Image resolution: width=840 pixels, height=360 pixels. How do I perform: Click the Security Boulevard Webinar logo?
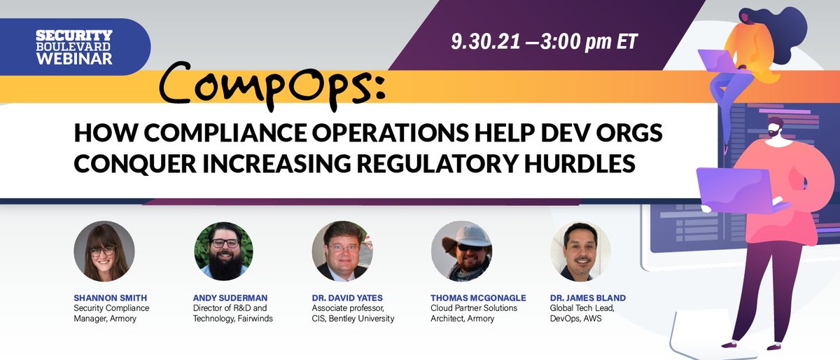(74, 47)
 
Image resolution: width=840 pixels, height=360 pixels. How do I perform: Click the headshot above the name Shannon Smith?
(104, 251)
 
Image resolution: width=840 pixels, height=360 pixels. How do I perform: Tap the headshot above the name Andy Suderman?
(224, 251)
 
